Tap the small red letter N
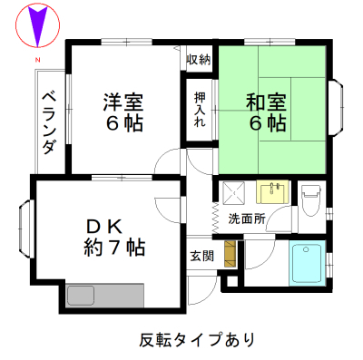click(x=38, y=60)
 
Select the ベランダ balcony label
click(x=49, y=123)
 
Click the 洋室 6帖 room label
click(x=123, y=112)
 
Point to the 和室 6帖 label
click(x=266, y=112)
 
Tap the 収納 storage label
click(x=199, y=60)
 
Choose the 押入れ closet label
click(x=200, y=109)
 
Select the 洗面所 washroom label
click(x=247, y=219)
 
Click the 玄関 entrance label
click(x=201, y=256)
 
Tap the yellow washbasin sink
click(x=272, y=192)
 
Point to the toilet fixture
click(x=310, y=200)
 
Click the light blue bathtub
click(x=307, y=263)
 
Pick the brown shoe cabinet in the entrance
click(x=231, y=254)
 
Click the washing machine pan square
click(x=233, y=192)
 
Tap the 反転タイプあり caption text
click(x=197, y=340)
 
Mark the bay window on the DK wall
click(x=26, y=228)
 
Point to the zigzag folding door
click(x=215, y=218)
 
